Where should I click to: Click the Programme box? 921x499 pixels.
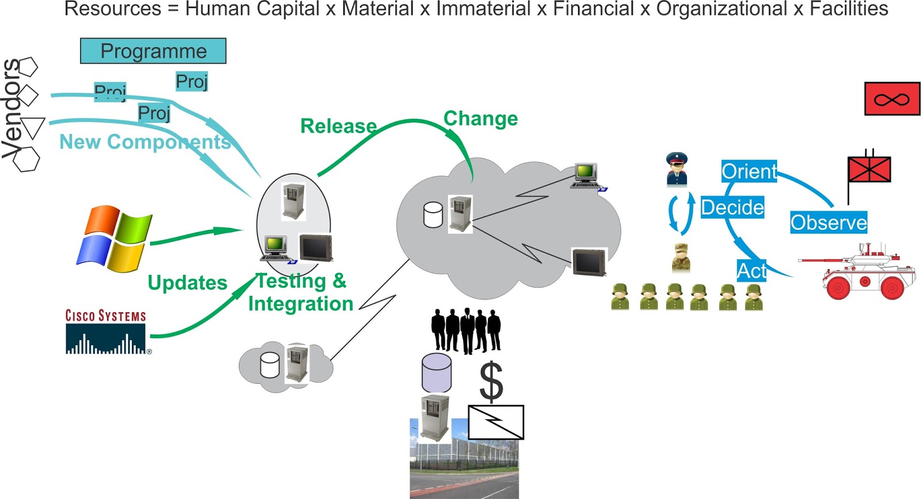153,51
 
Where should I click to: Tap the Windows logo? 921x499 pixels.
115,239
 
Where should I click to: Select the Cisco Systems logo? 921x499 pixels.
106,332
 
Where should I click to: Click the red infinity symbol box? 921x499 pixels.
892,99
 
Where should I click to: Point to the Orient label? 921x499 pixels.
749,171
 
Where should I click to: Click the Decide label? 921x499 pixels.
732,207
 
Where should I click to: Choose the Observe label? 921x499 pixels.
828,222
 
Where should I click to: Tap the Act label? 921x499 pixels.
751,271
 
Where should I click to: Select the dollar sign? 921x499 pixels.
491,381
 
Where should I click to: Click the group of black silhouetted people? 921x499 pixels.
466,330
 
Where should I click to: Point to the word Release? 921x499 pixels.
338,126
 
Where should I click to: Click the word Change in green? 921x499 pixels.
481,119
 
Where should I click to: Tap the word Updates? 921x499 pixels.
188,283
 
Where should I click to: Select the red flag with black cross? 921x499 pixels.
869,169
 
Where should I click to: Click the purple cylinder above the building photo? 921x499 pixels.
436,373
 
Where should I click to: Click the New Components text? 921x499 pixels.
145,142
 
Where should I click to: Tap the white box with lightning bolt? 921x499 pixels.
496,422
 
